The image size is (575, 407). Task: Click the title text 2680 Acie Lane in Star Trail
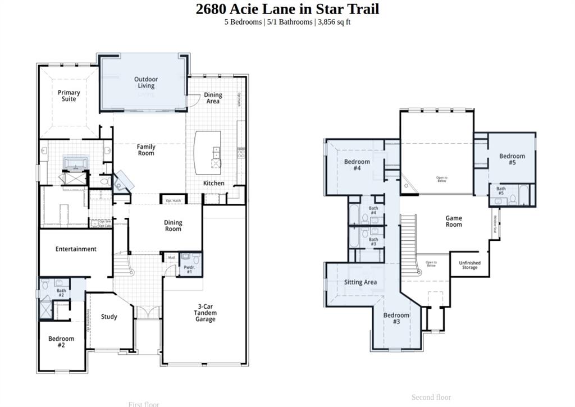pyautogui.click(x=287, y=9)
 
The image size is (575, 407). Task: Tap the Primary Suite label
pyautogui.click(x=69, y=96)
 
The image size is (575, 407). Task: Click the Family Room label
pyautogui.click(x=146, y=150)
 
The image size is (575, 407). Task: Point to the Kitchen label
pyautogui.click(x=213, y=183)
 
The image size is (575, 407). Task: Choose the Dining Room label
pyautogui.click(x=173, y=226)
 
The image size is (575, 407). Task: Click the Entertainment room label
pyautogui.click(x=76, y=249)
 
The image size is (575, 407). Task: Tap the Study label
pyautogui.click(x=109, y=317)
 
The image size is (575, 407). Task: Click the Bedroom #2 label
pyautogui.click(x=61, y=342)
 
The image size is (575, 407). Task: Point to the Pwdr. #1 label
pyautogui.click(x=189, y=269)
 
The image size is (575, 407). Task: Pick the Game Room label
pyautogui.click(x=454, y=221)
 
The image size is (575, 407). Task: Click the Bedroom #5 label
pyautogui.click(x=512, y=159)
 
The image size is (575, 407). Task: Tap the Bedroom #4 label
pyautogui.click(x=357, y=165)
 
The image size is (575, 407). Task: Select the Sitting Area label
pyautogui.click(x=360, y=282)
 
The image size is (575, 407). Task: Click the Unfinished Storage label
pyautogui.click(x=469, y=265)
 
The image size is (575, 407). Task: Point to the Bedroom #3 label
pyautogui.click(x=396, y=318)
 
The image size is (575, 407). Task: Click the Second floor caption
pyautogui.click(x=431, y=397)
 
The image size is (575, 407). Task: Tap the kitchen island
pyautogui.click(x=207, y=152)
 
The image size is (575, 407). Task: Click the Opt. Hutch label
pyautogui.click(x=173, y=200)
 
